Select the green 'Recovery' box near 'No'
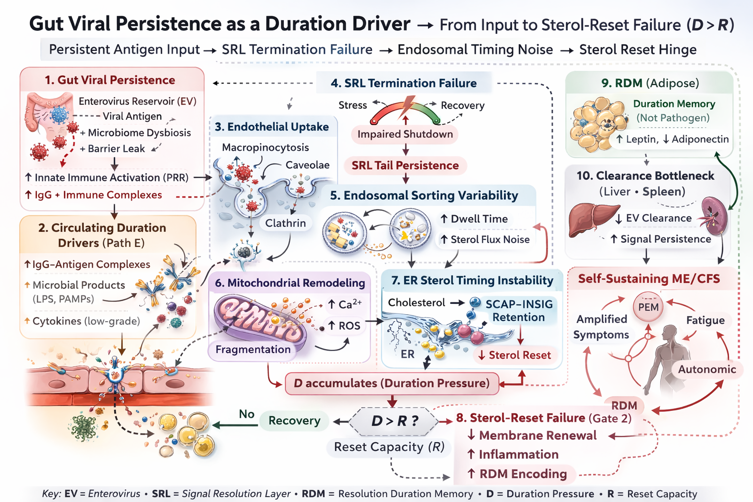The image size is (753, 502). pyautogui.click(x=294, y=421)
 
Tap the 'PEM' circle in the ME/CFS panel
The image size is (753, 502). pyautogui.click(x=648, y=307)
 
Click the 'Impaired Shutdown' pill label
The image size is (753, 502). pyautogui.click(x=405, y=134)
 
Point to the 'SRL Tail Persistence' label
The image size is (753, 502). pyautogui.click(x=405, y=166)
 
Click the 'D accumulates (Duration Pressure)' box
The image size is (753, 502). pyautogui.click(x=392, y=383)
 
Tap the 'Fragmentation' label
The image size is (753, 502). pyautogui.click(x=253, y=350)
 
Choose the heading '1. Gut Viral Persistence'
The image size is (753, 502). pyautogui.click(x=110, y=80)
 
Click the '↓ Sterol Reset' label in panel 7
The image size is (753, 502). pyautogui.click(x=515, y=355)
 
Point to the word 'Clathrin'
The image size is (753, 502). pyautogui.click(x=285, y=223)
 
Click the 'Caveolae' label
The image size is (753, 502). pyautogui.click(x=307, y=165)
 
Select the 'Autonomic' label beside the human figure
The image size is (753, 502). pyautogui.click(x=706, y=369)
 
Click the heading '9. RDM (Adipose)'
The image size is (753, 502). pyautogui.click(x=650, y=83)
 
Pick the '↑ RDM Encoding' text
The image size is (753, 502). pyautogui.click(x=517, y=474)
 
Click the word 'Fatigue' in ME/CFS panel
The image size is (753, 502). pyautogui.click(x=705, y=320)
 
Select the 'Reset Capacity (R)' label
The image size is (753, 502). pyautogui.click(x=389, y=447)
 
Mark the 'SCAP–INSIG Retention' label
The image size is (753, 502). pyautogui.click(x=519, y=311)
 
